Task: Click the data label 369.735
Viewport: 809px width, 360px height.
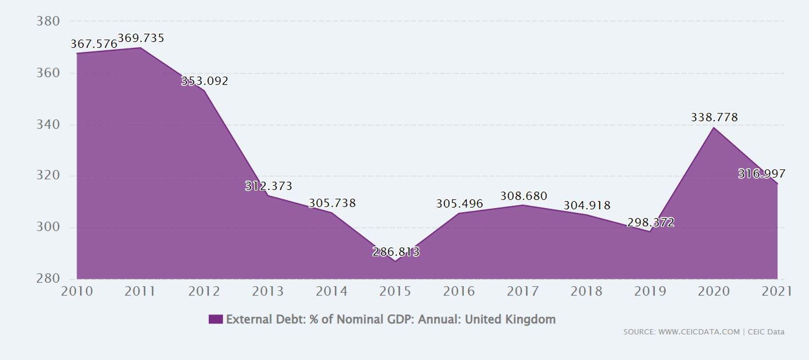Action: pyautogui.click(x=141, y=38)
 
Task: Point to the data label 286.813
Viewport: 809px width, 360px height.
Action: pyautogui.click(x=396, y=252)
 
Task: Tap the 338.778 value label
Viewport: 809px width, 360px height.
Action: pyautogui.click(x=714, y=117)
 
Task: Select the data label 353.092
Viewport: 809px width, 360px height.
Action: pyautogui.click(x=205, y=81)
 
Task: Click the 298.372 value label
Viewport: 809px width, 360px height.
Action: pyautogui.click(x=651, y=223)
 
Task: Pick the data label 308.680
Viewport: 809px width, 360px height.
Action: pyautogui.click(x=523, y=196)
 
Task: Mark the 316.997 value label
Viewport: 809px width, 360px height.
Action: pyautogui.click(x=761, y=174)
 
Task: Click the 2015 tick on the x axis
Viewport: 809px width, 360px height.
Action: pyautogui.click(x=395, y=291)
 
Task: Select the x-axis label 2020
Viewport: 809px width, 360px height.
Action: pyautogui.click(x=714, y=291)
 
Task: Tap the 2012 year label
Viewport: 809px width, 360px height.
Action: pyautogui.click(x=204, y=291)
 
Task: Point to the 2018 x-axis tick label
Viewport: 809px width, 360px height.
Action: pyautogui.click(x=586, y=291)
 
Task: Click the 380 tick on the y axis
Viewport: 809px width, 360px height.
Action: pyautogui.click(x=48, y=21)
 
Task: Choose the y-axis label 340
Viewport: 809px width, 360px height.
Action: pyautogui.click(x=48, y=125)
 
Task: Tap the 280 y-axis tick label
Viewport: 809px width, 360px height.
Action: pyautogui.click(x=48, y=278)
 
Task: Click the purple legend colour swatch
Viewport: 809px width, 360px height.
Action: pyautogui.click(x=215, y=319)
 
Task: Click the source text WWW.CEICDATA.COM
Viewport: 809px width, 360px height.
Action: pyautogui.click(x=699, y=332)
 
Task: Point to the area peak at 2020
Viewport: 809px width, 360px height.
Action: pyautogui.click(x=714, y=127)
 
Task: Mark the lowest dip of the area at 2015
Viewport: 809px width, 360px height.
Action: pyautogui.click(x=395, y=261)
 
